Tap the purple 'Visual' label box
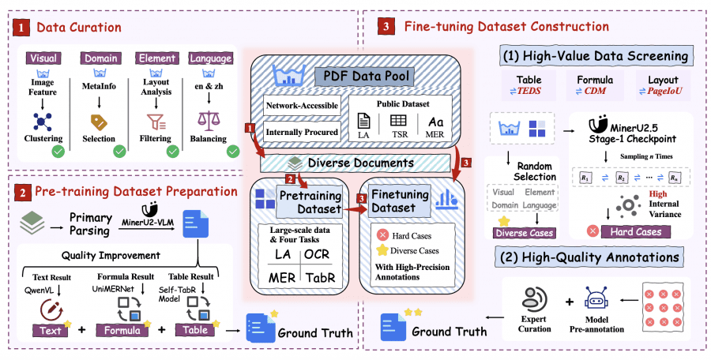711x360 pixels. [x=43, y=58]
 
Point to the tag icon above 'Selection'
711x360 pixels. [x=99, y=122]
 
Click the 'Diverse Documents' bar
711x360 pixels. [x=359, y=163]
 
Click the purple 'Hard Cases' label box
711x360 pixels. [x=630, y=231]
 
